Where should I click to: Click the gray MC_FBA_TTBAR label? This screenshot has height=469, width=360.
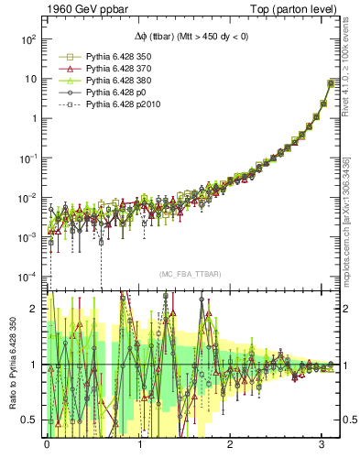189,274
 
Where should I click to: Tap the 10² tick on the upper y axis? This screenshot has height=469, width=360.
29,39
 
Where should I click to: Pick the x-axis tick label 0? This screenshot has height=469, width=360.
47,445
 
